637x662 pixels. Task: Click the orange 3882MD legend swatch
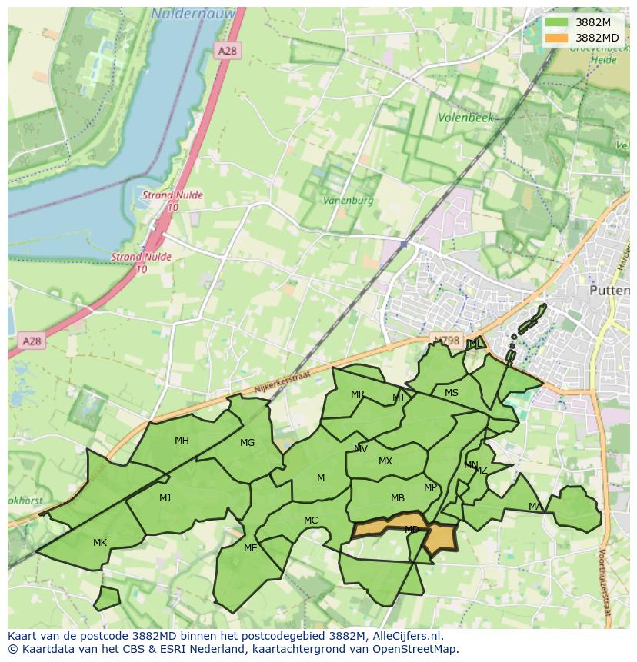(556, 38)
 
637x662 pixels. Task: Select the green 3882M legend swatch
(556, 22)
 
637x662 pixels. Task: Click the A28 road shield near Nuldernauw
(228, 51)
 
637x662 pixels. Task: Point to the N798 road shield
(446, 340)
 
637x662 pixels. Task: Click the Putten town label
(609, 291)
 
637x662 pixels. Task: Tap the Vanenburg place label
(349, 200)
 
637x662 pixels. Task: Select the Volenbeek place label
(465, 118)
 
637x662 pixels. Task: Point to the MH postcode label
(182, 441)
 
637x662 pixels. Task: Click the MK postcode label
(100, 543)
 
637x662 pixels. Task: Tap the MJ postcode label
(165, 498)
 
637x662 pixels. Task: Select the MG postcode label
(247, 443)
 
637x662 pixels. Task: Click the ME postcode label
(250, 548)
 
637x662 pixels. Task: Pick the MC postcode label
(311, 521)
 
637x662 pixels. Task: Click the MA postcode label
(535, 507)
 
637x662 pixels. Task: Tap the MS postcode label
(452, 393)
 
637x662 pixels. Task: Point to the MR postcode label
(358, 394)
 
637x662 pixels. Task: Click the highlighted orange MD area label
(412, 530)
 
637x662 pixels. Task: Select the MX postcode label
(385, 461)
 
